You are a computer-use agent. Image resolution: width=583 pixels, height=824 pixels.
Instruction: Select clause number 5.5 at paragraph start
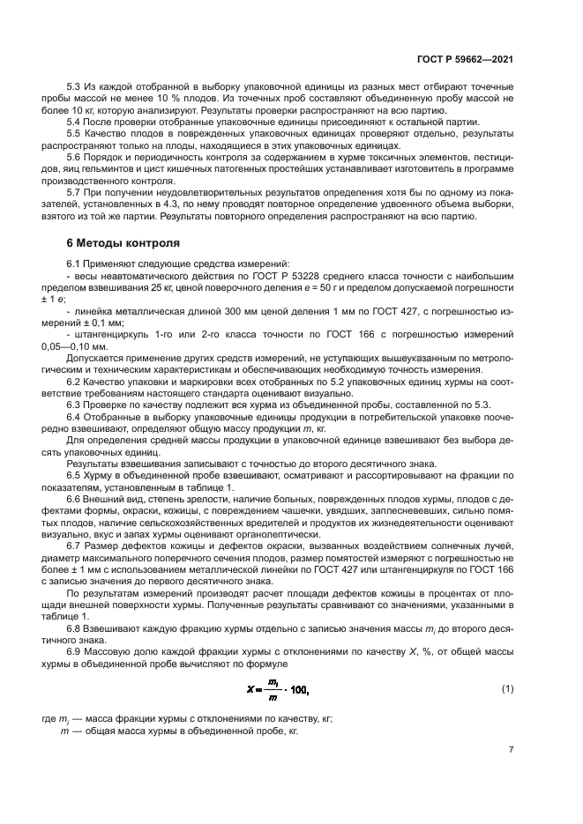[75, 132]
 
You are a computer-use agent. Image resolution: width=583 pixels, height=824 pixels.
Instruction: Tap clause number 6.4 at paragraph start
[75, 416]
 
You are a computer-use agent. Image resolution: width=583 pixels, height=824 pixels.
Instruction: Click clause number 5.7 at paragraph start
[75, 189]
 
